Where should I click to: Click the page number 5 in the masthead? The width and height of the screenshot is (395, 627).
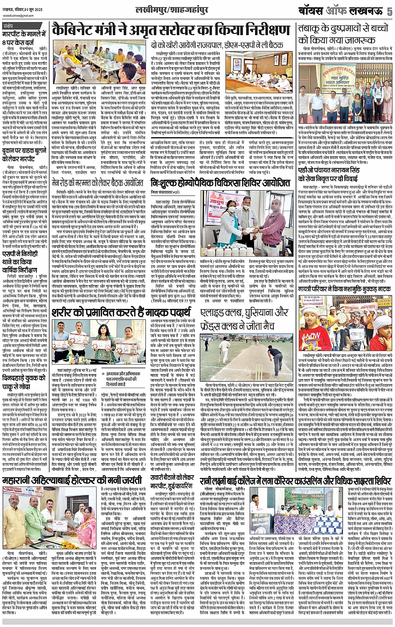389,12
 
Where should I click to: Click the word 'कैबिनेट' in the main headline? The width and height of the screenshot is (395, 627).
79,30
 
